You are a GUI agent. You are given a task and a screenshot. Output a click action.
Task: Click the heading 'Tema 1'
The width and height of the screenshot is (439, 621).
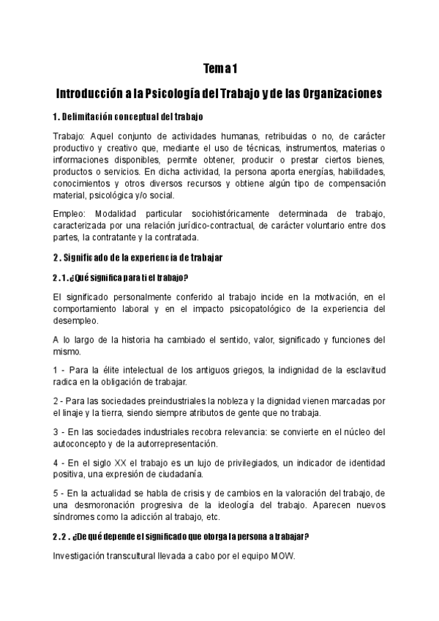219,70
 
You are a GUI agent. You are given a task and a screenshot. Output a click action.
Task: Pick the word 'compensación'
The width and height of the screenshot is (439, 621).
353,184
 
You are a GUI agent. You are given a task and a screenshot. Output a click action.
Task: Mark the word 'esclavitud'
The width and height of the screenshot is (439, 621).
360,371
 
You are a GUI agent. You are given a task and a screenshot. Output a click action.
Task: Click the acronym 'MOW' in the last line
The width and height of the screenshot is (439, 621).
282,557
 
